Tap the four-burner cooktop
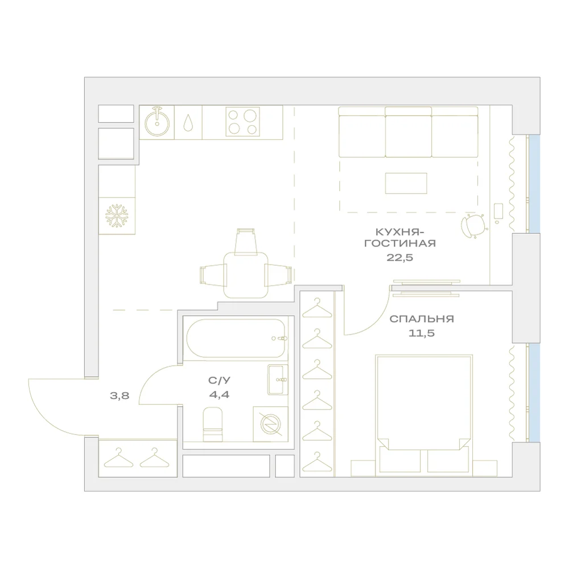click(243, 121)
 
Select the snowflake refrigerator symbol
click(117, 216)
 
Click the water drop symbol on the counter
click(188, 123)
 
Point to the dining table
click(246, 275)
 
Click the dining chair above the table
click(246, 241)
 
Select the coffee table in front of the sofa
click(406, 183)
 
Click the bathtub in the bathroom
click(237, 338)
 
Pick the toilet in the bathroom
click(213, 424)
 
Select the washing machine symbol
click(271, 424)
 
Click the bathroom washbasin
click(278, 380)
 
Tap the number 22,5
click(399, 258)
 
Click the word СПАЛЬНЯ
click(422, 319)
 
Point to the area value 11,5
click(421, 333)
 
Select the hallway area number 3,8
click(119, 395)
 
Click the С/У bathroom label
click(219, 380)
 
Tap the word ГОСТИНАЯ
click(400, 243)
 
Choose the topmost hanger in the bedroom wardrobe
click(317, 308)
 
